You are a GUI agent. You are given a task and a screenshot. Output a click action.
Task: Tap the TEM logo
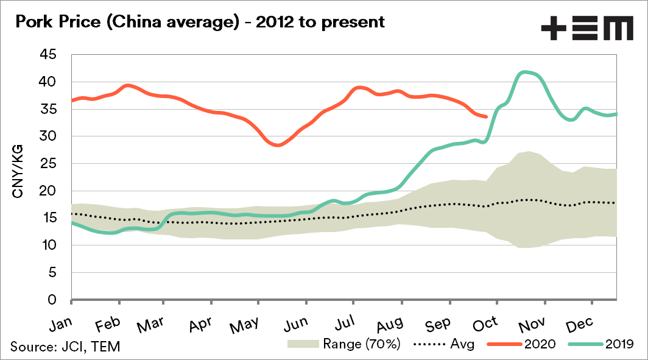[x=586, y=29]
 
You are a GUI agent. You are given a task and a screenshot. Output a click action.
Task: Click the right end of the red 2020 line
[x=485, y=116]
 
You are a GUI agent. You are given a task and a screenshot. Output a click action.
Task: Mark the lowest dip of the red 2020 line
[x=278, y=146]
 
